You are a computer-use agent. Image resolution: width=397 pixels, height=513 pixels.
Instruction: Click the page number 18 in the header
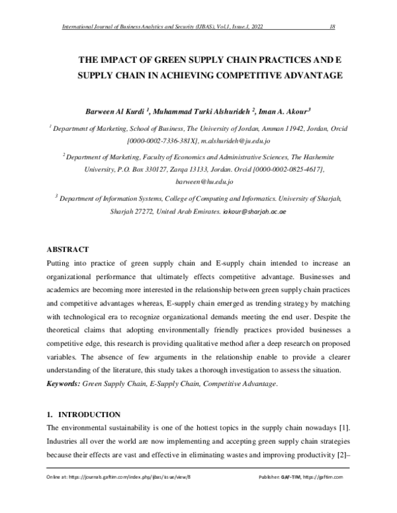point(333,26)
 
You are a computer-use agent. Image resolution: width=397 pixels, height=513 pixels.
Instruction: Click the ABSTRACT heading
point(67,249)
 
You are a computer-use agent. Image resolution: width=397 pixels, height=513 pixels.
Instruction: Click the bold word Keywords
point(62,383)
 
